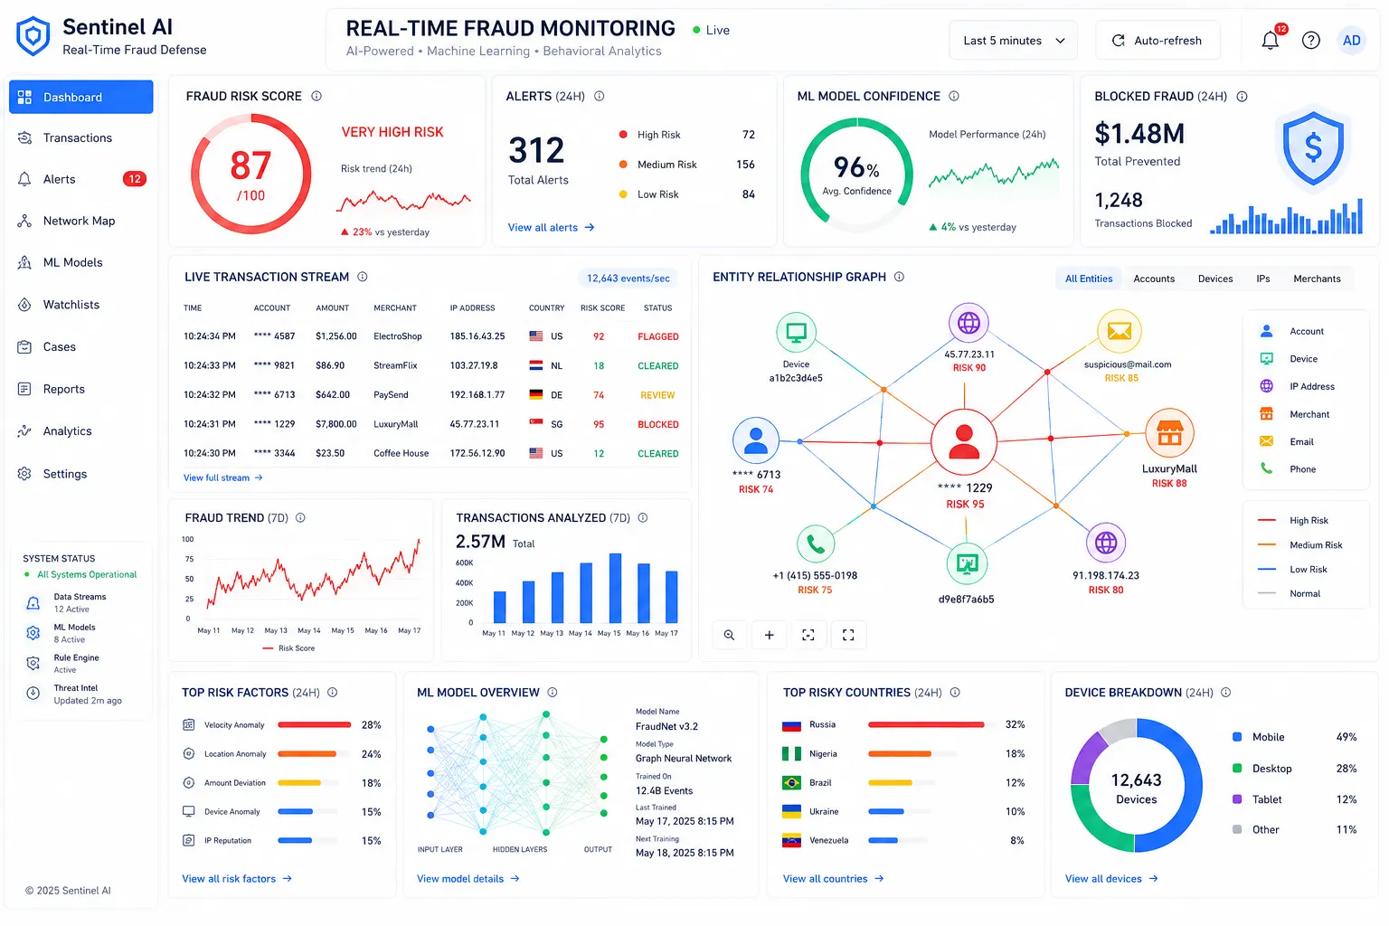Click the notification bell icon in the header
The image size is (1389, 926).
pyautogui.click(x=1270, y=41)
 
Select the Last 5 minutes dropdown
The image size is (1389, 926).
pyautogui.click(x=1013, y=41)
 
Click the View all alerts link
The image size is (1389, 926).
pyautogui.click(x=551, y=228)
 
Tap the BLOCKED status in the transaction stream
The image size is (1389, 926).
pyautogui.click(x=658, y=424)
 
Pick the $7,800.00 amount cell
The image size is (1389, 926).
pyautogui.click(x=336, y=424)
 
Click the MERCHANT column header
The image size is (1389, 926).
pyautogui.click(x=395, y=307)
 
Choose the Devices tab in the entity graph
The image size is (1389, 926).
pyautogui.click(x=1214, y=279)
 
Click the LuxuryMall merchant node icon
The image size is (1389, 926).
pyautogui.click(x=1169, y=433)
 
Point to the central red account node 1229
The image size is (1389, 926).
pyautogui.click(x=964, y=442)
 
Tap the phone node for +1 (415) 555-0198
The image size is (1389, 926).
pyautogui.click(x=816, y=544)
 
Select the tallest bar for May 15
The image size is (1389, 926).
pyautogui.click(x=615, y=588)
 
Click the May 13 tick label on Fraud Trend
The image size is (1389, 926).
pyautogui.click(x=276, y=630)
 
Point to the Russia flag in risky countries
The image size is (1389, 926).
pyautogui.click(x=792, y=725)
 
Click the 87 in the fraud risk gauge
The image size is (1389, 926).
pyautogui.click(x=250, y=165)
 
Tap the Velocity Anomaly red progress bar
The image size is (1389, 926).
pyautogui.click(x=314, y=725)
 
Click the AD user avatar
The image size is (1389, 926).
pyautogui.click(x=1351, y=41)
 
